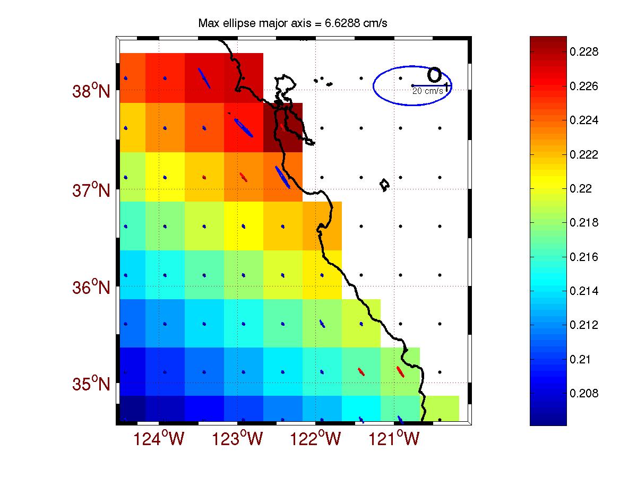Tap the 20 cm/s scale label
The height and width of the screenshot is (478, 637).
428,91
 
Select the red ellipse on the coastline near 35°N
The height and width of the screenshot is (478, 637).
400,371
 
